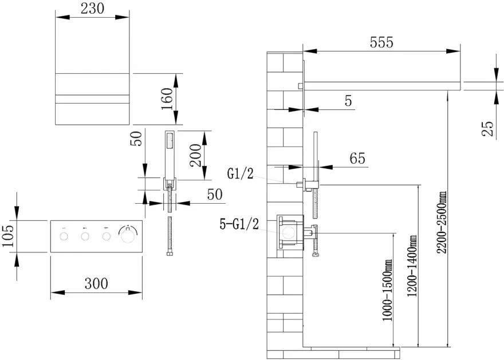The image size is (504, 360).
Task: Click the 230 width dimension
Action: [92, 9]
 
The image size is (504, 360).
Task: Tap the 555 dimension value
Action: [381, 42]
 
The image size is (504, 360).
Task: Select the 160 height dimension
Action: [167, 98]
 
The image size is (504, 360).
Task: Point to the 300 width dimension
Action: [96, 284]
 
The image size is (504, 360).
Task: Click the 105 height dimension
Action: [9, 236]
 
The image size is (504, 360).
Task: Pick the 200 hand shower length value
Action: [195, 155]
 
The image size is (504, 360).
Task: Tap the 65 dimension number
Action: [357, 159]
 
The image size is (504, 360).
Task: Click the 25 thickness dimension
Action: [487, 128]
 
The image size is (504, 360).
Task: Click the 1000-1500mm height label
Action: [387, 290]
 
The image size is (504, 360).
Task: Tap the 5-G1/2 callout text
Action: [239, 224]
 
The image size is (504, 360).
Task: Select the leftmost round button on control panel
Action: [64, 237]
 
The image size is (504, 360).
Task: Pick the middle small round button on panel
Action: [85, 237]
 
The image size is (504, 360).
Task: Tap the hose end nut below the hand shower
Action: [170, 254]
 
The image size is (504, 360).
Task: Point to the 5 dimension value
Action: [348, 101]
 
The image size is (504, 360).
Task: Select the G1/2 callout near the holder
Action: [240, 174]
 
